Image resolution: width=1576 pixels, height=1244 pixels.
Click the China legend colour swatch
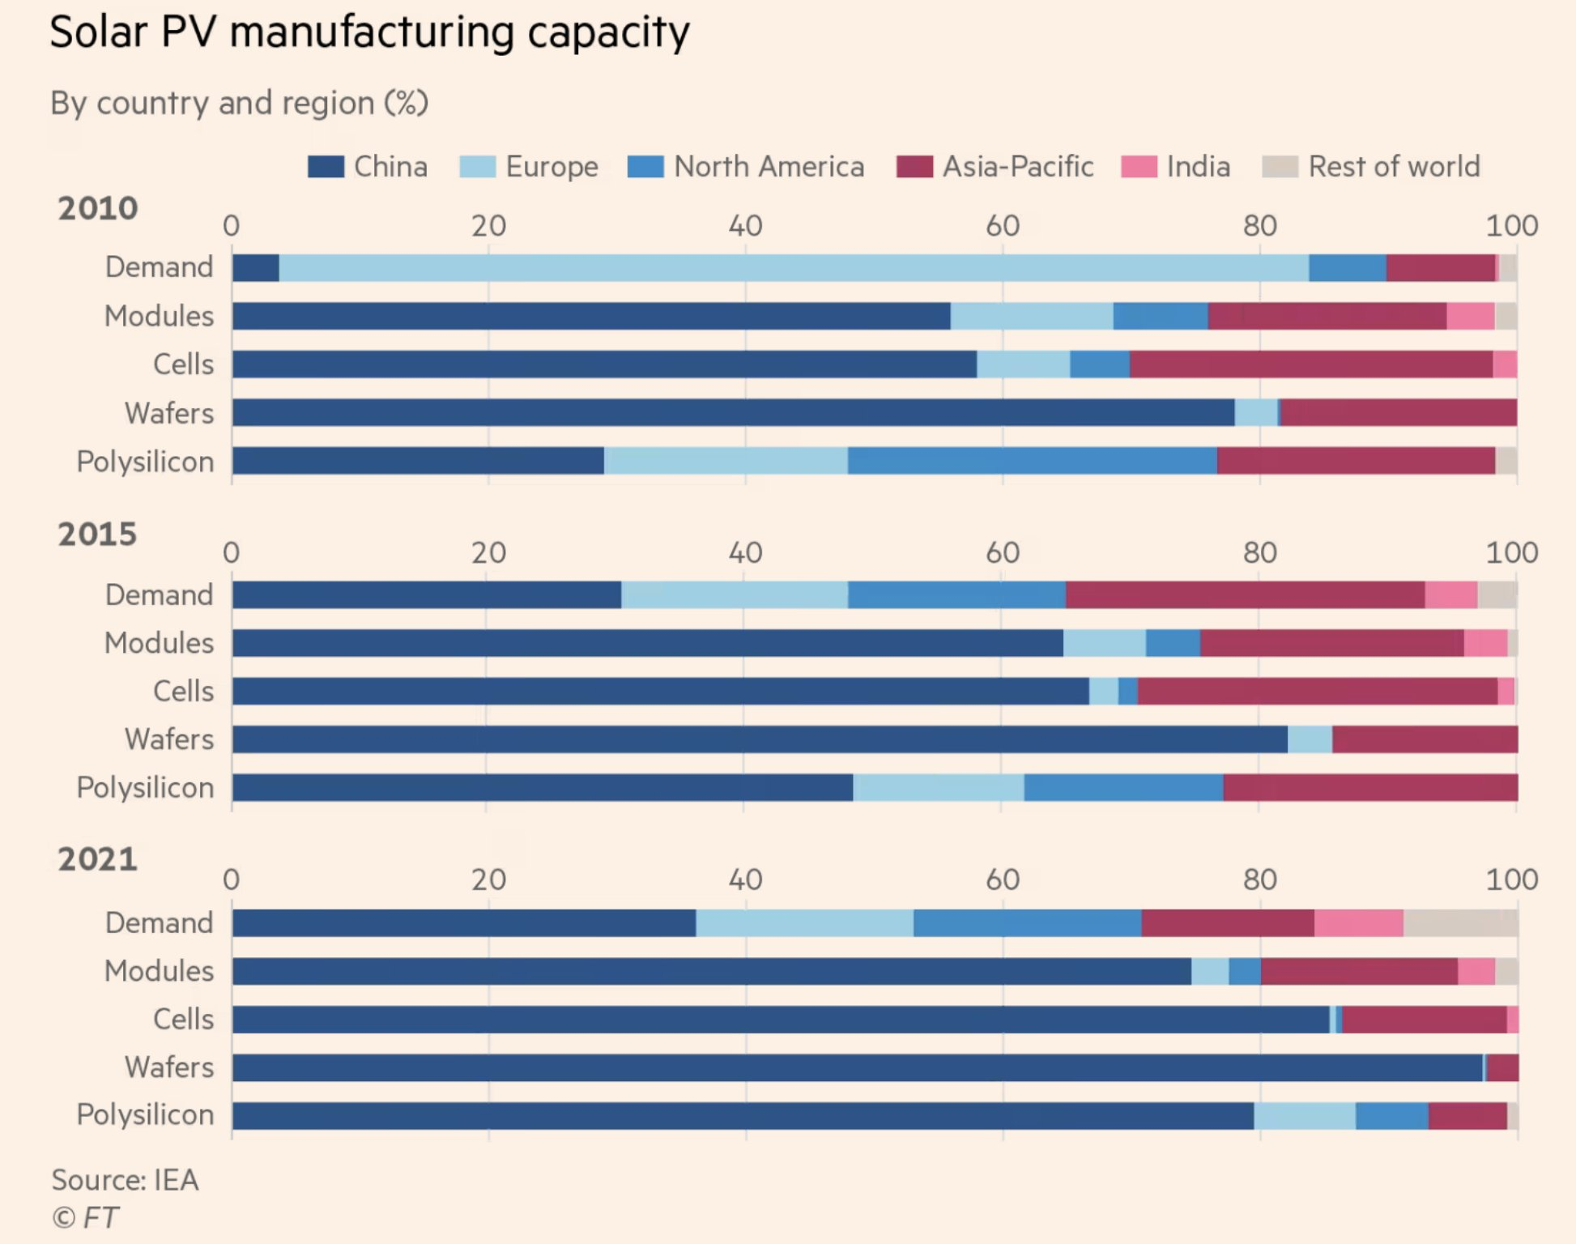[x=326, y=167]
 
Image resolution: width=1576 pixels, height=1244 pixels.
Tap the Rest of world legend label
[x=1394, y=167]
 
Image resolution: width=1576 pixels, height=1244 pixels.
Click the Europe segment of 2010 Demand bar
[x=794, y=268]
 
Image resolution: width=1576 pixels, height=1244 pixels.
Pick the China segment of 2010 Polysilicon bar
[x=418, y=461]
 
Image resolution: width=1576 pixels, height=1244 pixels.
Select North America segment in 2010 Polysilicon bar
[x=1032, y=461]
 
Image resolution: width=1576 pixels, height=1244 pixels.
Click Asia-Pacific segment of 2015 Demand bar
[x=1245, y=594]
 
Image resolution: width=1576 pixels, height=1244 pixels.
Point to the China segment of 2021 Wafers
[x=857, y=1067]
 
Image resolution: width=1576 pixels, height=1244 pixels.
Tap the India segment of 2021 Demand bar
[x=1358, y=923]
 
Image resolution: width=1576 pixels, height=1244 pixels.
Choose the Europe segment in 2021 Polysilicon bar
[x=1305, y=1115]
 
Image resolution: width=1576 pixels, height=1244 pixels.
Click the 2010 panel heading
[x=97, y=208]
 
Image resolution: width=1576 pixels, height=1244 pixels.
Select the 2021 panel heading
[x=97, y=859]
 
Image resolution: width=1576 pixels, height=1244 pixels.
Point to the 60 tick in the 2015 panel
[x=1003, y=553]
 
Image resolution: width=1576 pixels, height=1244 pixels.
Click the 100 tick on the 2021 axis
[x=1511, y=880]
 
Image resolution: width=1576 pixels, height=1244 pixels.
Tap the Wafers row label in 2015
[x=169, y=739]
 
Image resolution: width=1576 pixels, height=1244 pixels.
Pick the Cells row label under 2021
[x=184, y=1020]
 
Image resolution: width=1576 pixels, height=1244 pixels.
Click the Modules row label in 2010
[x=160, y=316]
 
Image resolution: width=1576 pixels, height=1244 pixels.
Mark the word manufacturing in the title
[x=373, y=32]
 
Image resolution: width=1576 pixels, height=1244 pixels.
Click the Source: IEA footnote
[x=125, y=1180]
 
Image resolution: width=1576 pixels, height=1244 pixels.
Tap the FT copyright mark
[x=86, y=1217]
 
